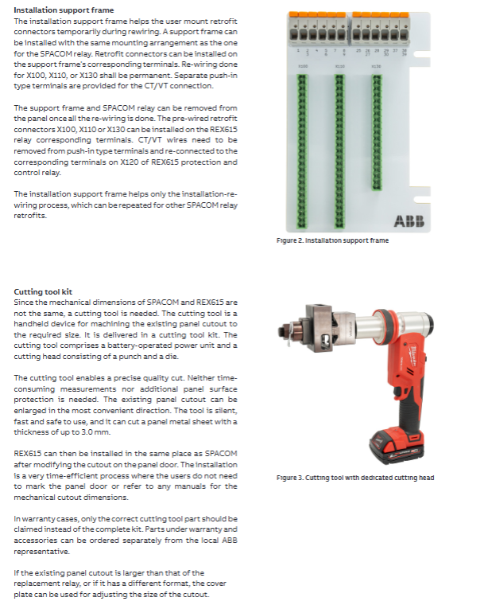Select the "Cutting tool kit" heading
click(44, 292)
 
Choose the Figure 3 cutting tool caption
click(355, 478)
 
